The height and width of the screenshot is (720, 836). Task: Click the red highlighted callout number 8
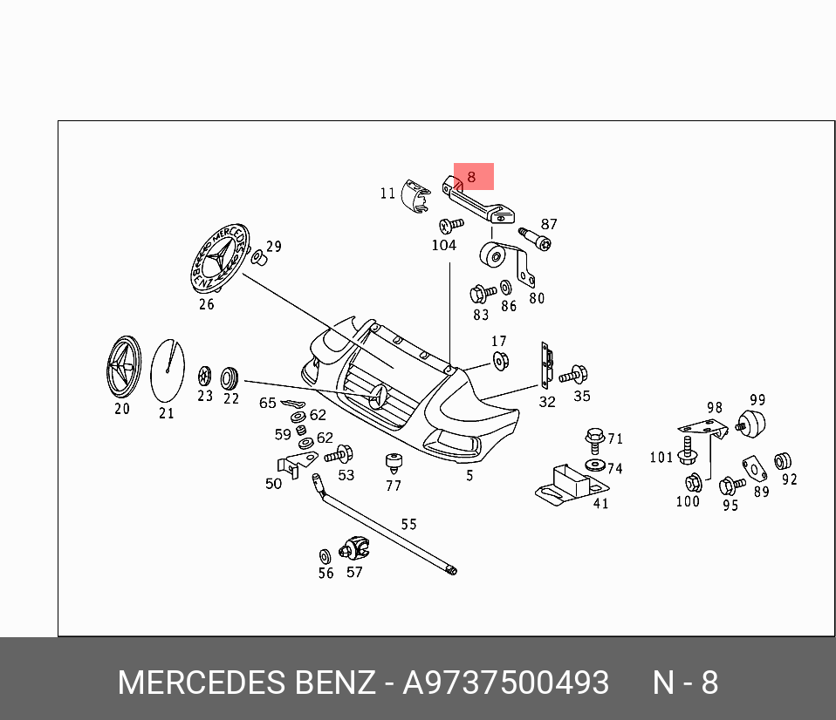click(472, 177)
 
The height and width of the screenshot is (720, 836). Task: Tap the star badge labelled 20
click(122, 367)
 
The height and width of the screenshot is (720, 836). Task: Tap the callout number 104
click(444, 246)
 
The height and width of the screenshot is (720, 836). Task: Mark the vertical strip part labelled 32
click(546, 366)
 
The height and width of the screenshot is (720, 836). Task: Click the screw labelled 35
click(573, 376)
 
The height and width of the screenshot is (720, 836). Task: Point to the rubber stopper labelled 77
click(394, 463)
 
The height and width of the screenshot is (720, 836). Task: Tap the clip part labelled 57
click(355, 548)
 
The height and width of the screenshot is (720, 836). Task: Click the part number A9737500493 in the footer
click(505, 683)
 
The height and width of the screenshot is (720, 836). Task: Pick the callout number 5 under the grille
click(469, 476)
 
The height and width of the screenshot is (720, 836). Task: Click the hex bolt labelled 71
click(596, 436)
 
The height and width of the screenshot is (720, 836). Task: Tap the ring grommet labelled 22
click(230, 377)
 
